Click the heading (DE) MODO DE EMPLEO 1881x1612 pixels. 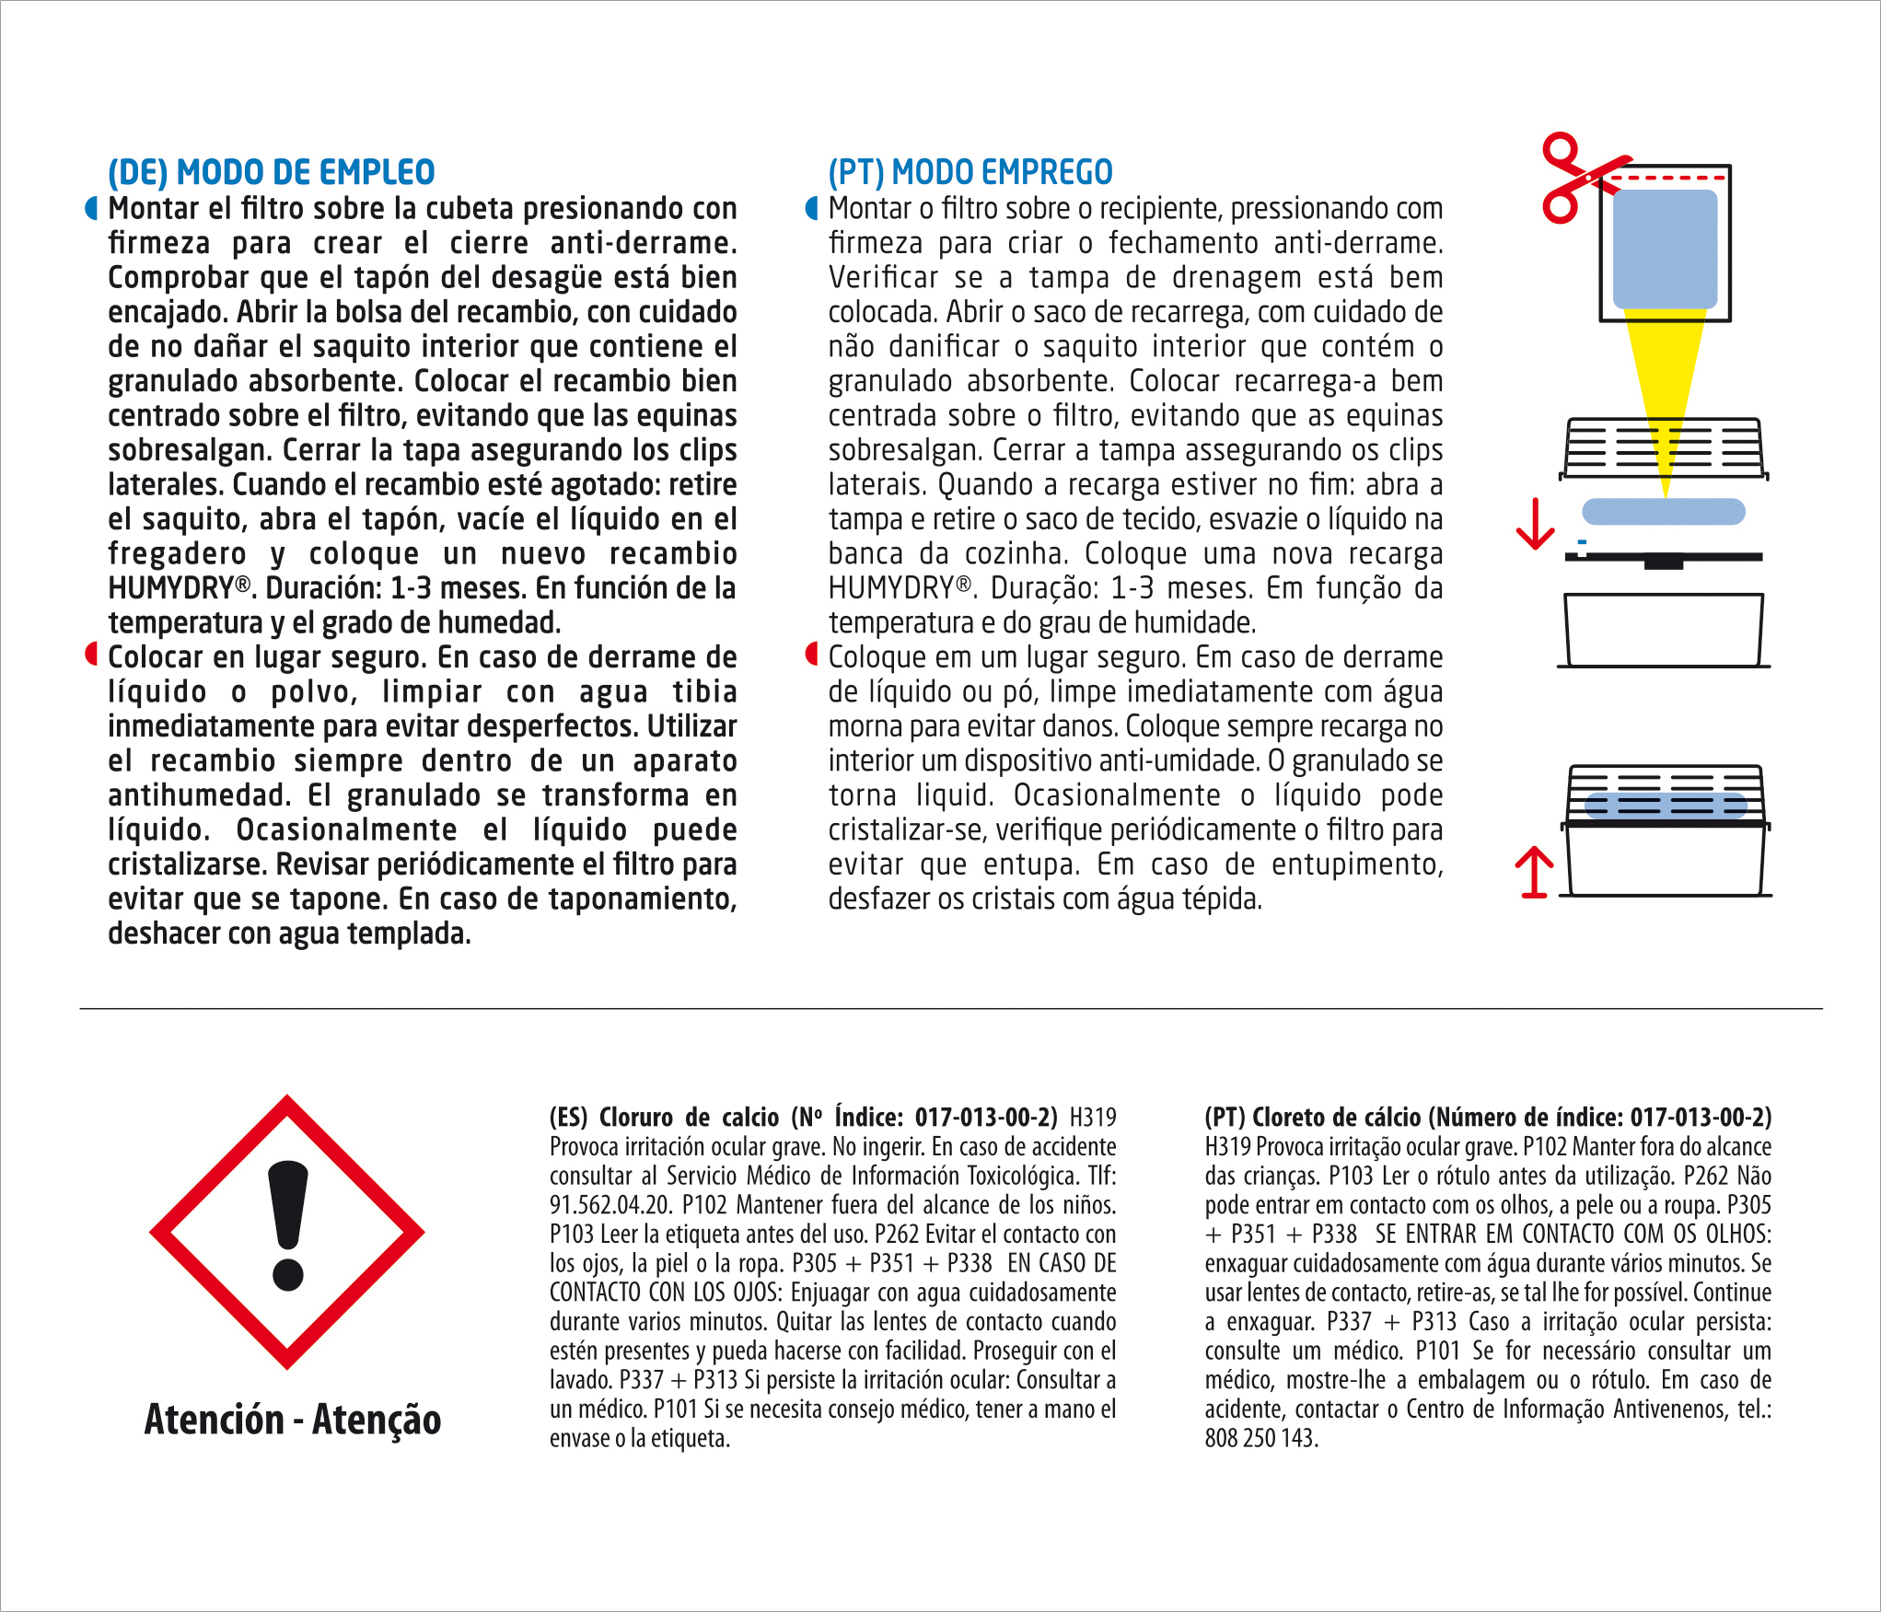pos(271,172)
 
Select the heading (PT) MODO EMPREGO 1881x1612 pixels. pos(970,172)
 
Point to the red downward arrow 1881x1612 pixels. pos(1535,525)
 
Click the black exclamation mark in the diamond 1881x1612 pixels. pos(288,1224)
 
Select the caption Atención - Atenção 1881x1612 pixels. pos(293,1420)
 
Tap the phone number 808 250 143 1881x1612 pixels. pos(1261,1438)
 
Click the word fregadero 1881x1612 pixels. pos(177,554)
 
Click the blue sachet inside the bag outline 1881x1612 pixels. pos(1665,249)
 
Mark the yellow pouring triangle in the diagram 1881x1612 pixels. pos(1665,387)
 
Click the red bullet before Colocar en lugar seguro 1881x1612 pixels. pos(91,655)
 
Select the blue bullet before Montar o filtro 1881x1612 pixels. pos(811,209)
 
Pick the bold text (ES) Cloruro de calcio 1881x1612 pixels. pos(663,1118)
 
